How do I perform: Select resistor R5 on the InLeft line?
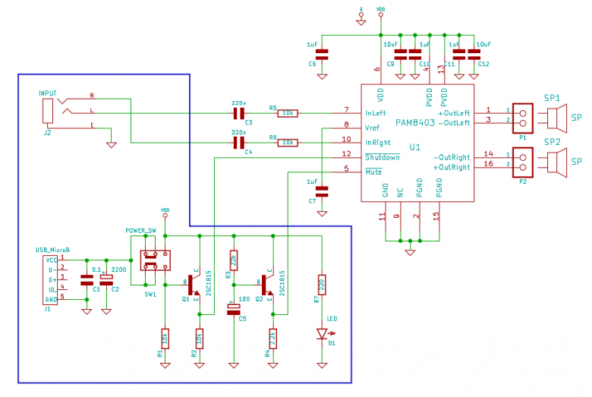[288, 113]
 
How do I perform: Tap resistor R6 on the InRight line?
[288, 142]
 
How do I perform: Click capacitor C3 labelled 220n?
[239, 113]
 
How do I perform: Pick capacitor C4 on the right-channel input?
[239, 142]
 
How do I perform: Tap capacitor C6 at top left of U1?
[322, 54]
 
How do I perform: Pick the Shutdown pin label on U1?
[383, 157]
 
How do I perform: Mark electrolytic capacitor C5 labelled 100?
[233, 307]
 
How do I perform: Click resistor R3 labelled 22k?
[234, 261]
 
